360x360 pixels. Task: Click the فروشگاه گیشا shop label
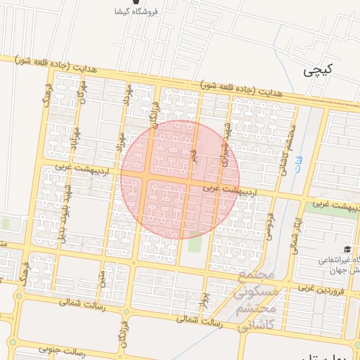coord(148,12)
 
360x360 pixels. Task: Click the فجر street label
coord(194,155)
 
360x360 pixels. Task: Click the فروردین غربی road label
coord(323,288)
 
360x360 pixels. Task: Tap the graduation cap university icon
coord(347,250)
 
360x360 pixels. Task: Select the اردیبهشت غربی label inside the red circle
coord(231,191)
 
